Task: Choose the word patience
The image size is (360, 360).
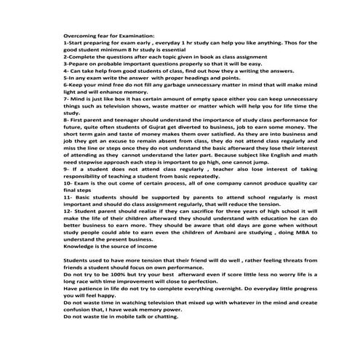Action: coord(92,290)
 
